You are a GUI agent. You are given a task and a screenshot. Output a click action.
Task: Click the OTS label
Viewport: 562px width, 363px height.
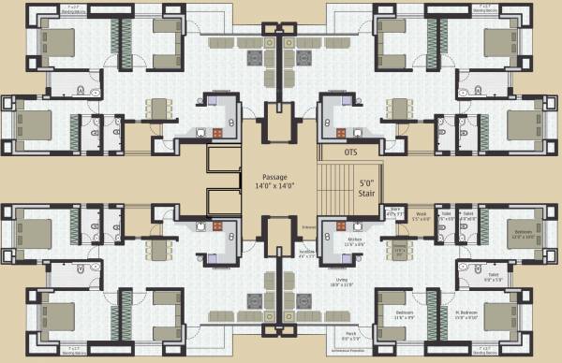(351, 152)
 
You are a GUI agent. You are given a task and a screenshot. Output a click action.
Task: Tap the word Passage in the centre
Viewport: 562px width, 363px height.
(274, 177)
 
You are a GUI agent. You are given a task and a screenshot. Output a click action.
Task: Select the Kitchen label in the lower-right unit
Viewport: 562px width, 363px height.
(354, 240)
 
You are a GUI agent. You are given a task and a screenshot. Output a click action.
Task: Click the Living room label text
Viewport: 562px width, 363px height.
(354, 280)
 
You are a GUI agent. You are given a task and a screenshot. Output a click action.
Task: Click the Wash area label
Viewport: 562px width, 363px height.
(421, 212)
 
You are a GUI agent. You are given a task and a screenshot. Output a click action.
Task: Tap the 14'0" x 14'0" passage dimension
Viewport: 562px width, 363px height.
(274, 186)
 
